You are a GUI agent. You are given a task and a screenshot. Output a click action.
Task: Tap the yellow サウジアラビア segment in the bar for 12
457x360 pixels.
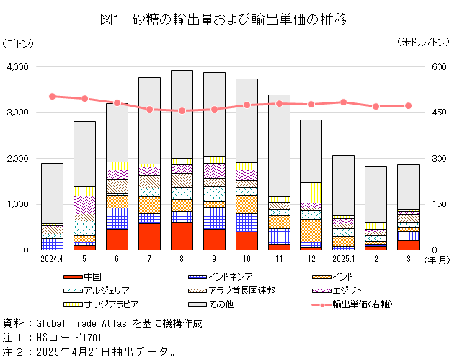point(311,192)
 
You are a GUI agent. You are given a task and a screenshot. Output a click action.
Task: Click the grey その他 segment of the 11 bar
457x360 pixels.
point(279,144)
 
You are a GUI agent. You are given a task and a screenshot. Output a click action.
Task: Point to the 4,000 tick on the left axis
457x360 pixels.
point(17,67)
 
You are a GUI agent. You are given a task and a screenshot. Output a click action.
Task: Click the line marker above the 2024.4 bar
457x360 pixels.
point(52,96)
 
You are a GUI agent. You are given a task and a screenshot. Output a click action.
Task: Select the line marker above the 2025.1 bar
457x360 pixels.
point(344,102)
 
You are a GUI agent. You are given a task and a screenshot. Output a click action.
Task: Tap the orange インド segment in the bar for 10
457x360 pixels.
point(247,204)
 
